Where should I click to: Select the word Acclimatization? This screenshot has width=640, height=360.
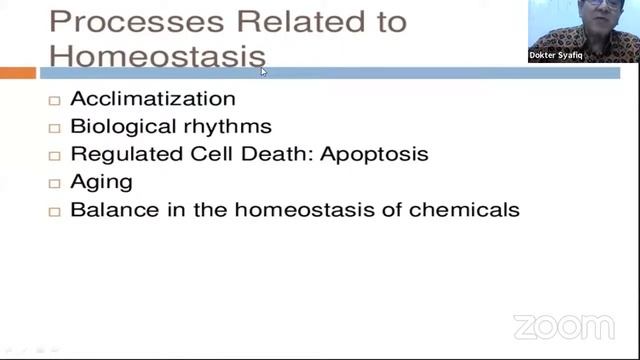click(153, 99)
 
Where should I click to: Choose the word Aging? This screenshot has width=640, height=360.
click(101, 183)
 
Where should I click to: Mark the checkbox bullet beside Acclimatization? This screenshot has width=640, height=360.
click(55, 100)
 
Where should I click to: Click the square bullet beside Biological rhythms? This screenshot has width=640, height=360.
click(55, 128)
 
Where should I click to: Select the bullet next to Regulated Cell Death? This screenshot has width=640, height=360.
click(55, 156)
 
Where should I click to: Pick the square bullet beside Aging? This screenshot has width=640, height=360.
click(55, 184)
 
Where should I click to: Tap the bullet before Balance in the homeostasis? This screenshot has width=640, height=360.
click(55, 212)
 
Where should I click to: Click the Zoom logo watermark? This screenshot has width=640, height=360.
click(563, 327)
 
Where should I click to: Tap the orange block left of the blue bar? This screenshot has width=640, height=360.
click(17, 72)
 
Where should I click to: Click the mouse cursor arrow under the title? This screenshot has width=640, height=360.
click(264, 71)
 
